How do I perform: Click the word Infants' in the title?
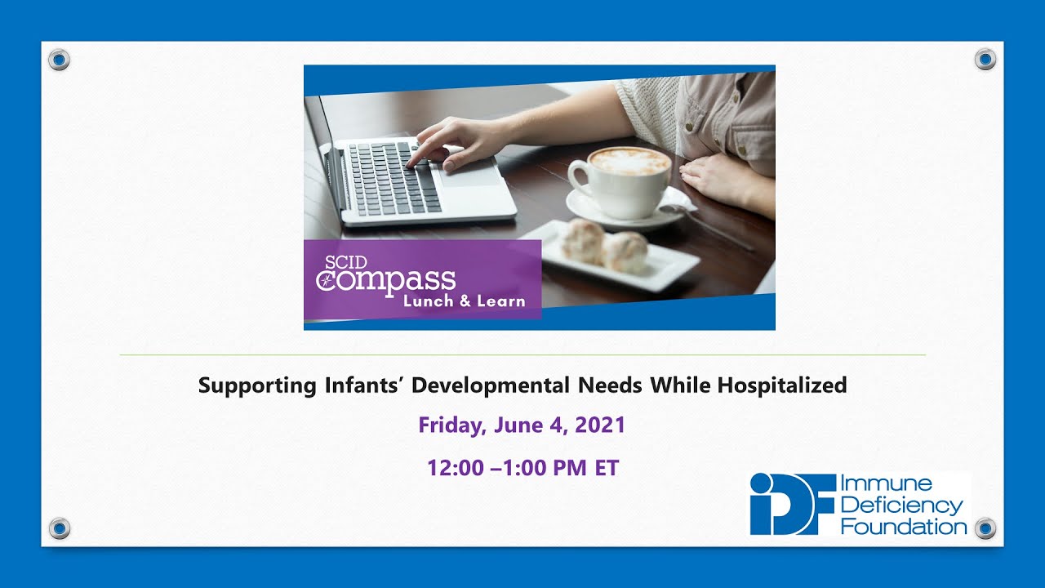tap(339, 385)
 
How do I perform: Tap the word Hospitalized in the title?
tap(781, 385)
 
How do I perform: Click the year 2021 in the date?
tap(600, 425)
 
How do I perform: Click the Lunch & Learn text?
tap(463, 301)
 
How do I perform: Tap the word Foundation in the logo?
tap(902, 526)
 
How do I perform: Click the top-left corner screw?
tap(59, 59)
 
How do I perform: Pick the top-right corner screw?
tap(985, 59)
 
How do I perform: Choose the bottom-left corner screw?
tap(59, 528)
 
